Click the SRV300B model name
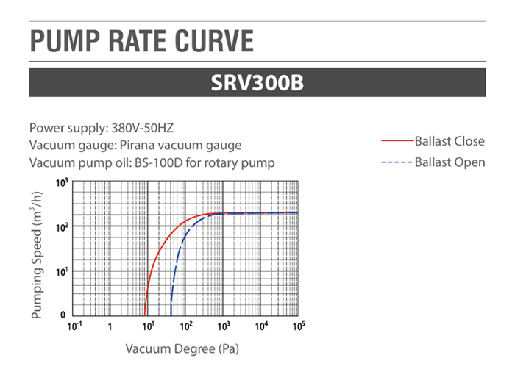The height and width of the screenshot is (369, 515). click(257, 82)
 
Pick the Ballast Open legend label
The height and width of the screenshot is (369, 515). click(450, 162)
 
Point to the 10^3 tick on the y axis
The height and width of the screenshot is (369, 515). click(63, 182)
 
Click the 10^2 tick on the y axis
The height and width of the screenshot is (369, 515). click(63, 226)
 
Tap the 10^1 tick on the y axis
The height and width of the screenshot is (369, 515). click(63, 271)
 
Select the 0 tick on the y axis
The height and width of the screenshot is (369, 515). click(65, 315)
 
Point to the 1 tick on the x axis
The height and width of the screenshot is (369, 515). click(110, 326)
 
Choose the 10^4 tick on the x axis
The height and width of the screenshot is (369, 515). click(261, 326)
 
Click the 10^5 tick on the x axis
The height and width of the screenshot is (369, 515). click(299, 326)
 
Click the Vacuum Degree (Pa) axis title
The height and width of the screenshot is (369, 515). click(182, 348)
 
